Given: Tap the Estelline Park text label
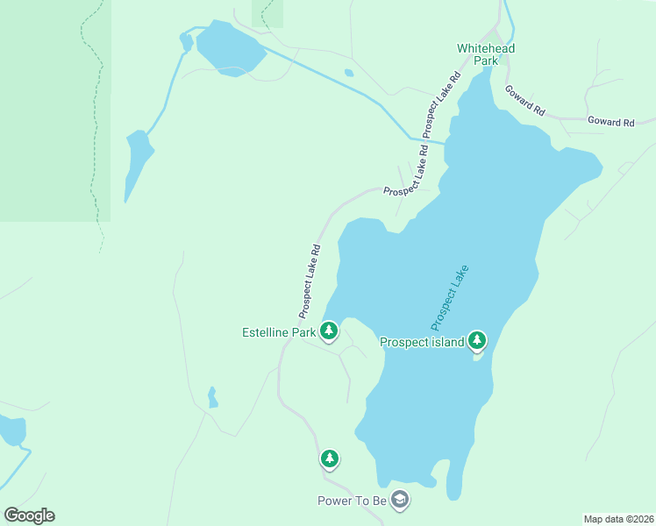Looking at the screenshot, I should click(278, 332).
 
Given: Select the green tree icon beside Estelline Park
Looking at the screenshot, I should click(329, 331).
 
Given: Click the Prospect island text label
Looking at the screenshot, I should click(422, 342).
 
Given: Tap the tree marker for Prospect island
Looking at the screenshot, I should click(477, 339).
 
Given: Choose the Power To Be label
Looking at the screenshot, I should click(352, 501).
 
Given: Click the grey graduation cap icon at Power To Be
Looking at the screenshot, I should click(400, 500).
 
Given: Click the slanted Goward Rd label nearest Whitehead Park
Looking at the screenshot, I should click(524, 102).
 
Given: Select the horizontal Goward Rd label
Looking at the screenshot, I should click(610, 123).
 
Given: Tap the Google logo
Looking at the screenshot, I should click(29, 515).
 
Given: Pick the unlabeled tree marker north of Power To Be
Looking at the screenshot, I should click(330, 458).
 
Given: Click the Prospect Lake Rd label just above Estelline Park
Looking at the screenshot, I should click(310, 281).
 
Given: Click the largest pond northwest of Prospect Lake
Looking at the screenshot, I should click(230, 51).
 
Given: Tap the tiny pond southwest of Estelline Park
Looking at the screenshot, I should click(211, 398).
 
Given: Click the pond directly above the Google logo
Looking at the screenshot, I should click(12, 430).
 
